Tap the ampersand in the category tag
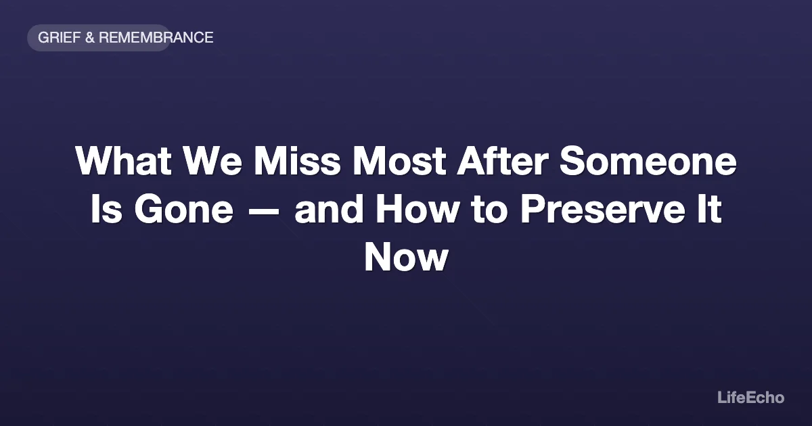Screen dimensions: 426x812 click(89, 38)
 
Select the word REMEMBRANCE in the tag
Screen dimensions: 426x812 click(156, 38)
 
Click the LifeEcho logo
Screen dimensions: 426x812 click(750, 398)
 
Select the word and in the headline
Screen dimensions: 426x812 click(330, 210)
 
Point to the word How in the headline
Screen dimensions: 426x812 click(420, 210)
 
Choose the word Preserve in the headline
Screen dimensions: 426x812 click(604, 210)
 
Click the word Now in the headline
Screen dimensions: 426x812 click(406, 258)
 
